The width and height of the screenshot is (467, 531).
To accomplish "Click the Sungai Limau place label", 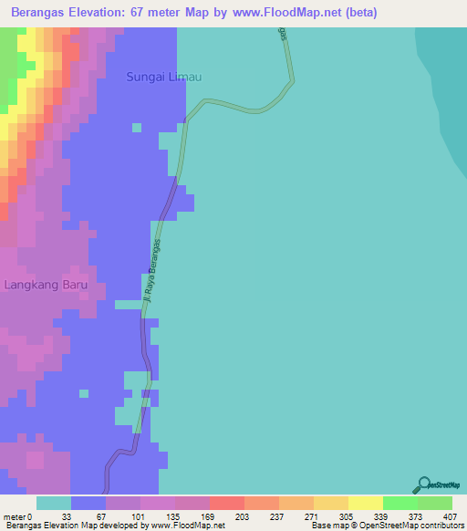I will click(165, 79).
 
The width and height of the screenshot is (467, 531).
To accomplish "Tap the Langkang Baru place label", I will click(46, 285).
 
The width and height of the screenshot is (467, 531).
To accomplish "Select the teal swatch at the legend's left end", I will click(54, 503).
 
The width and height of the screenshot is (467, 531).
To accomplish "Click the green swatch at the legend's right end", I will click(435, 503).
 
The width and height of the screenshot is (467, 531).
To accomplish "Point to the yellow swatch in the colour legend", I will click(366, 503).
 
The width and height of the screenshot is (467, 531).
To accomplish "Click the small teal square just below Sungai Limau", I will click(136, 127).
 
